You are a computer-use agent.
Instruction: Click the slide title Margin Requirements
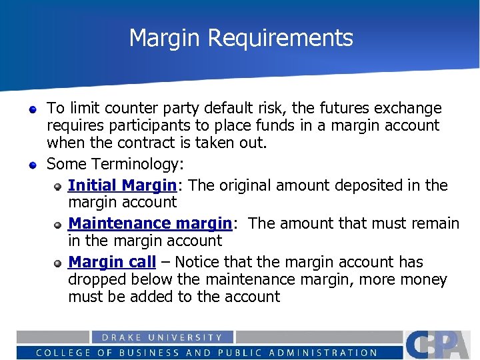click(x=241, y=38)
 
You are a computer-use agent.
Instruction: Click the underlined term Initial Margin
click(x=122, y=185)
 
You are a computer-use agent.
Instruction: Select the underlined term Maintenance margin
click(x=149, y=223)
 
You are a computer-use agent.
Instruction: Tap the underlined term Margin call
click(x=111, y=262)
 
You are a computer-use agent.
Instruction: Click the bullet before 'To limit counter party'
click(x=32, y=108)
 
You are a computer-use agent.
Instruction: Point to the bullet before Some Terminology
click(x=32, y=164)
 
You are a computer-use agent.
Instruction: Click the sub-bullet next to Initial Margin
click(x=59, y=186)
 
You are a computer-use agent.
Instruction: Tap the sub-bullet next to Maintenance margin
click(x=59, y=224)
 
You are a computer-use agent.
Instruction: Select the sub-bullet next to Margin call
click(x=59, y=263)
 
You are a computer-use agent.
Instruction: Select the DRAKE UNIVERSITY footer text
click(x=162, y=337)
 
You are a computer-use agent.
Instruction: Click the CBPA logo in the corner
click(x=441, y=344)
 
